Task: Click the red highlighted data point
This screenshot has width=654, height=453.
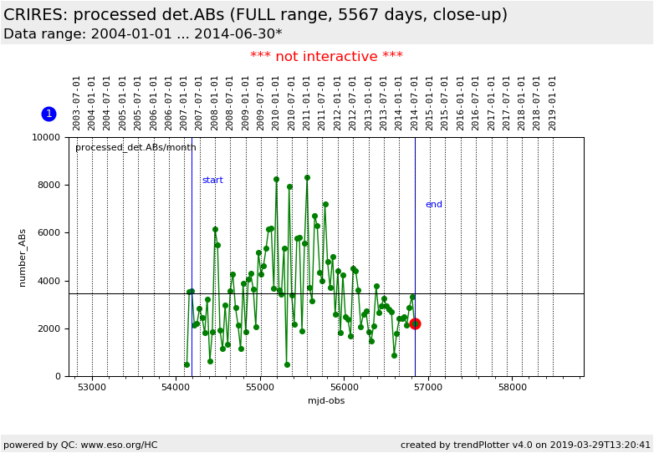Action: coord(415,323)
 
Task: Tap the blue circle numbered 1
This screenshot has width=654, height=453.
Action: coord(49,114)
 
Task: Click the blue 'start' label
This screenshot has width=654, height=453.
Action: coord(212,181)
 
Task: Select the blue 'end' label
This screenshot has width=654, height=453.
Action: coord(434,205)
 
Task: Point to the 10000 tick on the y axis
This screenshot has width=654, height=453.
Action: coord(47,137)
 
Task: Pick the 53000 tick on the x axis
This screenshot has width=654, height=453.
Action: coord(92,388)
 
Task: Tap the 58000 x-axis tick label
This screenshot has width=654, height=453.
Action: coord(512,388)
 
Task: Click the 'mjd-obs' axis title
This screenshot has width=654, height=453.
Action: coord(326,401)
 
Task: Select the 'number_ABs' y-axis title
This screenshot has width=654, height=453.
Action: coord(23,257)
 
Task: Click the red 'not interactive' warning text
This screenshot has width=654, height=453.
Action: coord(326,57)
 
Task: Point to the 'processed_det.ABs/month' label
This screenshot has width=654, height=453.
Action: coord(135,148)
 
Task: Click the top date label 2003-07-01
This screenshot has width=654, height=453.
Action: coord(77,103)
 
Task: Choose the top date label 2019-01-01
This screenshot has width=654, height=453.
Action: coord(553,103)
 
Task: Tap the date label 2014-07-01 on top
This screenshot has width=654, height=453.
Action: coord(415,103)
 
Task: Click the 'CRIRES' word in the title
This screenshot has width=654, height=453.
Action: coord(34,15)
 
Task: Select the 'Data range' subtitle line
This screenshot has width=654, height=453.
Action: coord(142,34)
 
